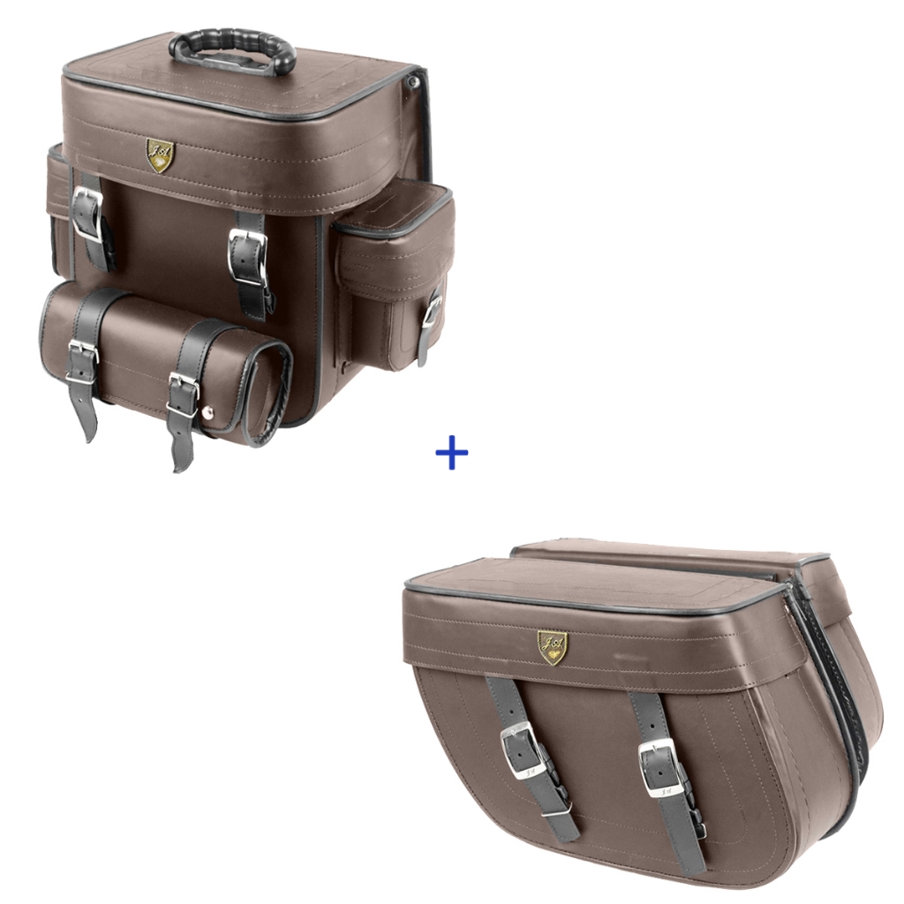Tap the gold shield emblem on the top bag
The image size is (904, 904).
coord(160,154)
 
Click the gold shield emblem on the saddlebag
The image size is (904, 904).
coord(553,646)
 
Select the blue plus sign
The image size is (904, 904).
coord(452,454)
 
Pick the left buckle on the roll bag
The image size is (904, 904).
coord(81,361)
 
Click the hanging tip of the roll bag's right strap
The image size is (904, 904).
coord(181,455)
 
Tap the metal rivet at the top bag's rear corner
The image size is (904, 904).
coord(412,81)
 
